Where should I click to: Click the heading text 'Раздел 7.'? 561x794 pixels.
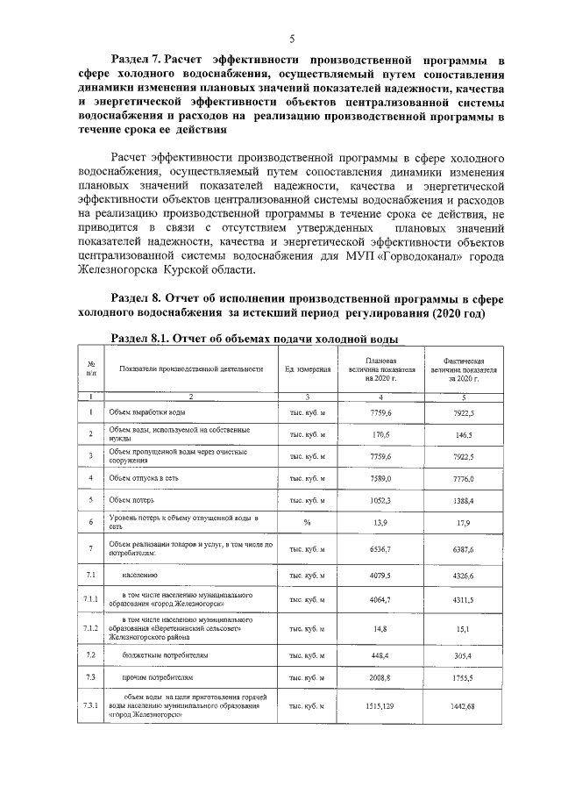point(133,60)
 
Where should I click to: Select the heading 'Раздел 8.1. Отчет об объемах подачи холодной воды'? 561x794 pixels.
point(255,338)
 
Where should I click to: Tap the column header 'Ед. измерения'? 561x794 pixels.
point(308,369)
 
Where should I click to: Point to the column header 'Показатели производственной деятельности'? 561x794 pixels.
point(191,369)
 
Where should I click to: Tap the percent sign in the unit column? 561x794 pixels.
point(308,523)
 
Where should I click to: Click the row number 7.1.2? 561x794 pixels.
point(90,628)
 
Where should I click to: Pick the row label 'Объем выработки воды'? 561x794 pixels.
point(147,411)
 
